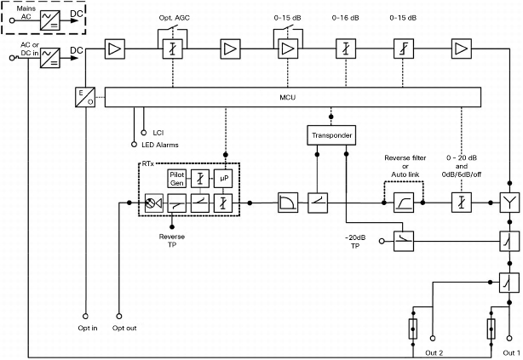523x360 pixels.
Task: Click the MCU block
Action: pyautogui.click(x=293, y=97)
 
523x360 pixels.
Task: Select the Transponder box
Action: pyautogui.click(x=331, y=135)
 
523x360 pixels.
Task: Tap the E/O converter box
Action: pyautogui.click(x=85, y=97)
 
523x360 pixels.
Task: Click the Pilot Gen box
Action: pyautogui.click(x=177, y=179)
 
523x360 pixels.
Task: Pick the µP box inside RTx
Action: pyautogui.click(x=223, y=179)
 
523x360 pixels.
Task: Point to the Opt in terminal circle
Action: pyautogui.click(x=85, y=316)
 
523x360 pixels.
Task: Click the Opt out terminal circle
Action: pyautogui.click(x=119, y=316)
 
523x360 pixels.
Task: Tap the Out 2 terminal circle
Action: pyautogui.click(x=433, y=339)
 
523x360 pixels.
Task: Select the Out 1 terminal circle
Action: pyautogui.click(x=509, y=339)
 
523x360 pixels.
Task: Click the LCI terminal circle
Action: pyautogui.click(x=144, y=133)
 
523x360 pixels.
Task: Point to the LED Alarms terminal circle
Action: pyautogui.click(x=134, y=145)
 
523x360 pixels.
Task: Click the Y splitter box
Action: pyautogui.click(x=509, y=203)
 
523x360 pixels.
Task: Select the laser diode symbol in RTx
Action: pyautogui.click(x=154, y=203)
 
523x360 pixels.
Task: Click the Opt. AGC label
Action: pyautogui.click(x=174, y=18)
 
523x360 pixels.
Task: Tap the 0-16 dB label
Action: pyautogui.click(x=345, y=18)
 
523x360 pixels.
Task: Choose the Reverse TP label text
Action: pyautogui.click(x=172, y=240)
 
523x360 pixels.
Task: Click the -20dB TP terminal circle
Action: pyautogui.click(x=382, y=241)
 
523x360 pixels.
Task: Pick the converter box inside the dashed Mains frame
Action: pyautogui.click(x=50, y=20)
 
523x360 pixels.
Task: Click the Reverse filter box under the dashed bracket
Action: pyautogui.click(x=404, y=203)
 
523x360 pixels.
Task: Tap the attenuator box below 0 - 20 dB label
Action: pyautogui.click(x=462, y=203)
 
